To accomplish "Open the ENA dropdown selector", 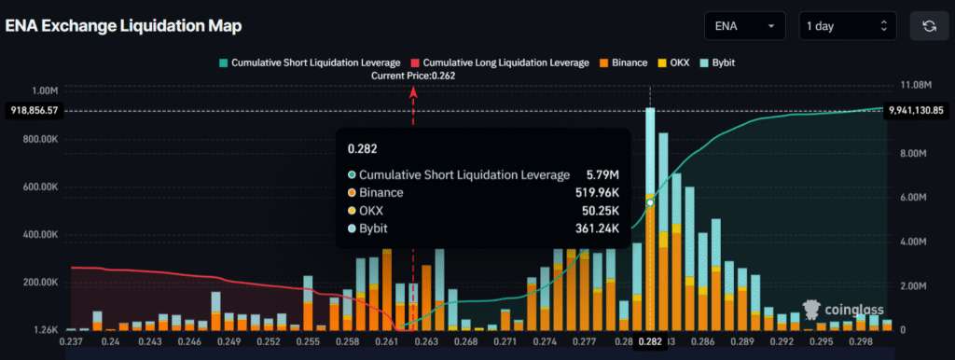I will click(745, 25).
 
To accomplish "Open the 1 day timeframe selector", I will click(847, 25).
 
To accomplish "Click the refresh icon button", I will click(929, 25).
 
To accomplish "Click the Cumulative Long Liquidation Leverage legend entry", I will click(499, 62).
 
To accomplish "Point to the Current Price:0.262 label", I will click(413, 76).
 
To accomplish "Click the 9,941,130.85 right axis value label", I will click(918, 110).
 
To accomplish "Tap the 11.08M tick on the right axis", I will click(912, 86).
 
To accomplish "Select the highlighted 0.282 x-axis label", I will click(650, 343).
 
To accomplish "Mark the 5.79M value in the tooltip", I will click(601, 174).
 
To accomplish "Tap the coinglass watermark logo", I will click(843, 310).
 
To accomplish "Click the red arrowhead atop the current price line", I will click(413, 90).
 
